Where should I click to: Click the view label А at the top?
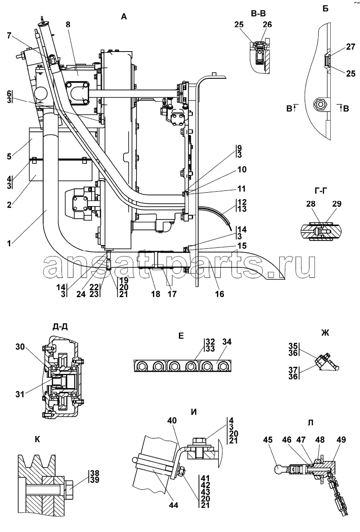124,16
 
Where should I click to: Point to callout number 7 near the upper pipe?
9,35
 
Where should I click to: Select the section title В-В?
258,13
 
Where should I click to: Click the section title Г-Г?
321,192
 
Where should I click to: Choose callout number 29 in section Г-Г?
337,204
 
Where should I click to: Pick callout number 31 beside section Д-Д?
20,394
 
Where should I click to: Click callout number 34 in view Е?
227,342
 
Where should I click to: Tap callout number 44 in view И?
173,505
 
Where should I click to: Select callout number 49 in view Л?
341,440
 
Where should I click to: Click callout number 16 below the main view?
220,294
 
